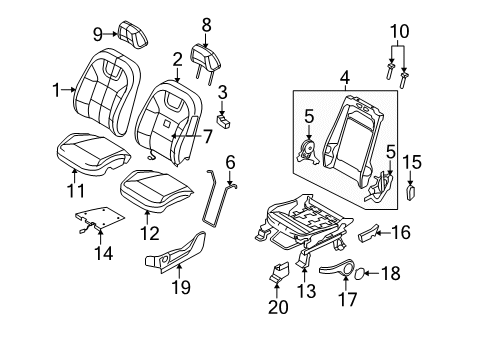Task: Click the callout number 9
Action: [x=98, y=34]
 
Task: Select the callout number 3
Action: [x=223, y=92]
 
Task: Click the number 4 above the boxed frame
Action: [x=317, y=76]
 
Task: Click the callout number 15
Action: [x=412, y=161]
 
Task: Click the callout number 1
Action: [x=56, y=88]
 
